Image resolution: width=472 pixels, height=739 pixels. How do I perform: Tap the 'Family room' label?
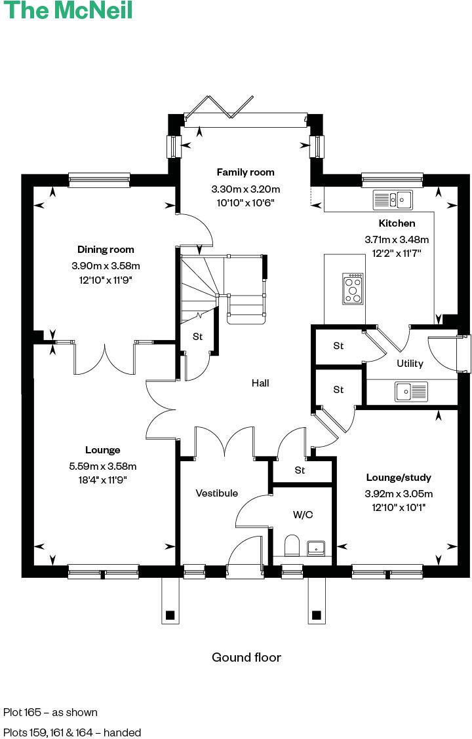tap(245, 172)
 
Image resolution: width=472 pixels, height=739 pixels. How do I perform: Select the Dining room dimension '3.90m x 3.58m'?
tap(106, 266)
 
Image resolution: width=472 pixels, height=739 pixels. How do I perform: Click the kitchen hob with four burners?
tap(353, 289)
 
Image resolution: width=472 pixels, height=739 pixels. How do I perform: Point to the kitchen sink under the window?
tap(391, 199)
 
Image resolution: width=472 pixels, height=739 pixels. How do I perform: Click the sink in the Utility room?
tap(411, 392)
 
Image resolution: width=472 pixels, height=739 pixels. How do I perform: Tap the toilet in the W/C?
tap(292, 545)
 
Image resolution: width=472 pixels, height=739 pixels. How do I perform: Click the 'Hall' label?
tap(260, 383)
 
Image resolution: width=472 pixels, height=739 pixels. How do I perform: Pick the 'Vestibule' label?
tap(216, 493)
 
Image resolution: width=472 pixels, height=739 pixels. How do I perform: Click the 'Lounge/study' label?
tap(399, 478)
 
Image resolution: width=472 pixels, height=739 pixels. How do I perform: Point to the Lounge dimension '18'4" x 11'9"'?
tap(102, 480)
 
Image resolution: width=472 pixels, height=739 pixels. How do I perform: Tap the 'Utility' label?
tap(410, 364)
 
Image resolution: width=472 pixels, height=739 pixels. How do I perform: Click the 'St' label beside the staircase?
tap(197, 337)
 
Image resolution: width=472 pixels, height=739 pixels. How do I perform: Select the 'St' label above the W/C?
tap(300, 470)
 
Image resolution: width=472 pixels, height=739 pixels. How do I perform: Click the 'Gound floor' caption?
tap(246, 657)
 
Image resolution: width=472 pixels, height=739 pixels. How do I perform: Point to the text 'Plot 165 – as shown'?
tap(50, 712)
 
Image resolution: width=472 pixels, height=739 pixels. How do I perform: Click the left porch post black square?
tap(170, 615)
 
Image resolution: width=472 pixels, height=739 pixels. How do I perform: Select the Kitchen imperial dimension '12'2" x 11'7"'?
tap(397, 252)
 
